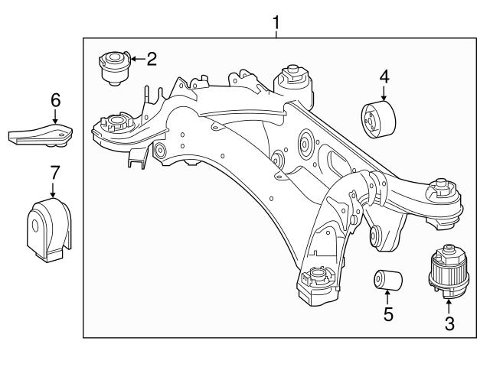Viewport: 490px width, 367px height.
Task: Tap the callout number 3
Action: (x=449, y=323)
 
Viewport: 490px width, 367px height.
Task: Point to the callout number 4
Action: (x=384, y=76)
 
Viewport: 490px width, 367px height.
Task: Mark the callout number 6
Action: (x=54, y=99)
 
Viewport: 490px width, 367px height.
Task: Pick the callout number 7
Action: (x=54, y=173)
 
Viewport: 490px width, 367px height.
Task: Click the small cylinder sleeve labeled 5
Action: (x=388, y=279)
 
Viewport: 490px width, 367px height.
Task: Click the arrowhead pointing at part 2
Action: (x=131, y=58)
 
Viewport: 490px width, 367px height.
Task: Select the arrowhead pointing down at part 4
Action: (x=384, y=99)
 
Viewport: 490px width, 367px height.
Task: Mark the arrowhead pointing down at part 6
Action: (x=54, y=121)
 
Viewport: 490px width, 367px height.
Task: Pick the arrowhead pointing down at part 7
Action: (x=54, y=196)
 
